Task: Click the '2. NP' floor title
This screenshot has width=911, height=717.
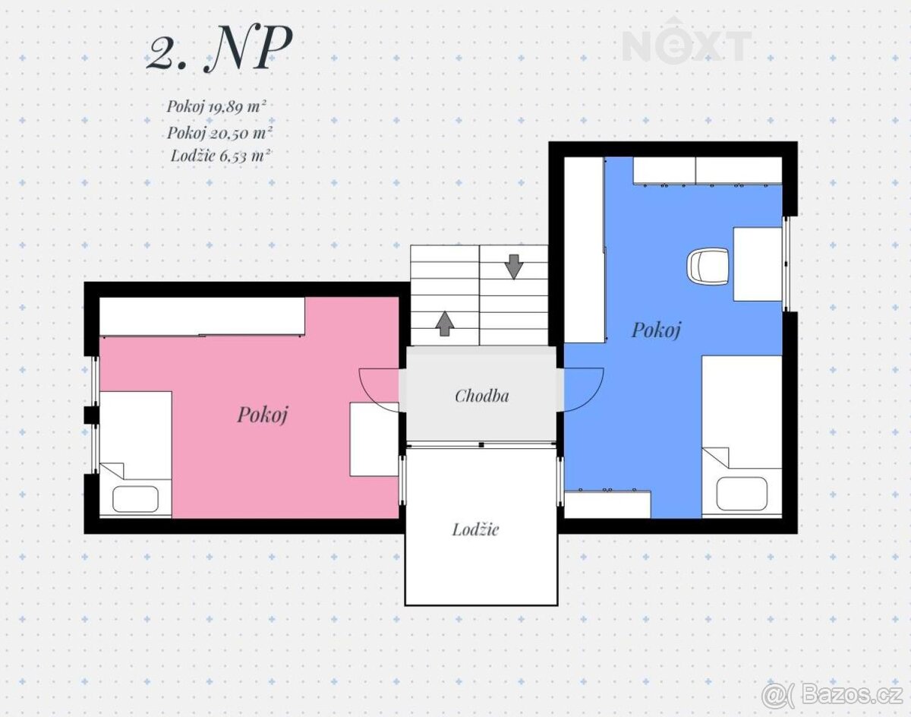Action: click(x=219, y=49)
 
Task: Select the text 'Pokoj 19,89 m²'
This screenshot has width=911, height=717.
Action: click(x=216, y=106)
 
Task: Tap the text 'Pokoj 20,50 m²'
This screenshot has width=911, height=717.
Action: click(x=219, y=133)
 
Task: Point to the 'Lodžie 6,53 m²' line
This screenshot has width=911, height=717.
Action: click(x=221, y=156)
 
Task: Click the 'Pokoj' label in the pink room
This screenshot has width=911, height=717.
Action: click(x=263, y=415)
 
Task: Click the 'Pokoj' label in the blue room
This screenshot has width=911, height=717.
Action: click(x=656, y=330)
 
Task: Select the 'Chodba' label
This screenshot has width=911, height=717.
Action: click(x=482, y=396)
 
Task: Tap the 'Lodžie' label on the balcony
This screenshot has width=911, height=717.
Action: click(x=475, y=529)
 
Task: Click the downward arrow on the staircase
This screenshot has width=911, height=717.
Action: click(x=514, y=267)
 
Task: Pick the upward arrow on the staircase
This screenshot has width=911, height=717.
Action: click(x=445, y=324)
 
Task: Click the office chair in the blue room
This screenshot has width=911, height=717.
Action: click(x=708, y=265)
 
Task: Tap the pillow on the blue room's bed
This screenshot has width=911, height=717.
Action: click(x=742, y=494)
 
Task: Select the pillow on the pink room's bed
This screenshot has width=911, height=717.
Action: click(x=135, y=499)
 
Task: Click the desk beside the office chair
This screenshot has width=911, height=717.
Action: click(x=758, y=264)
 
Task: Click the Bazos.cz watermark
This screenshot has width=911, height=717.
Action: click(x=831, y=695)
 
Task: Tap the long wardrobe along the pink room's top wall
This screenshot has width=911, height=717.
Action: click(x=202, y=317)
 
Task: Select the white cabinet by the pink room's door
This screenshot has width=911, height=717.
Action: click(x=374, y=439)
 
